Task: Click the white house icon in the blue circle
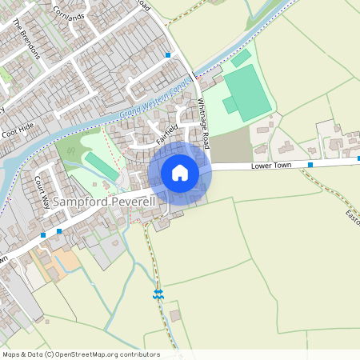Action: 180,173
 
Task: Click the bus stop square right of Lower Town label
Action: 310,165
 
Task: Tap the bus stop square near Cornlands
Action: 168,54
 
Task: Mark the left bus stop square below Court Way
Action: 43,235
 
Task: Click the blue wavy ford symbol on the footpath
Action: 158,294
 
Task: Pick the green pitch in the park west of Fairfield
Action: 102,166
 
